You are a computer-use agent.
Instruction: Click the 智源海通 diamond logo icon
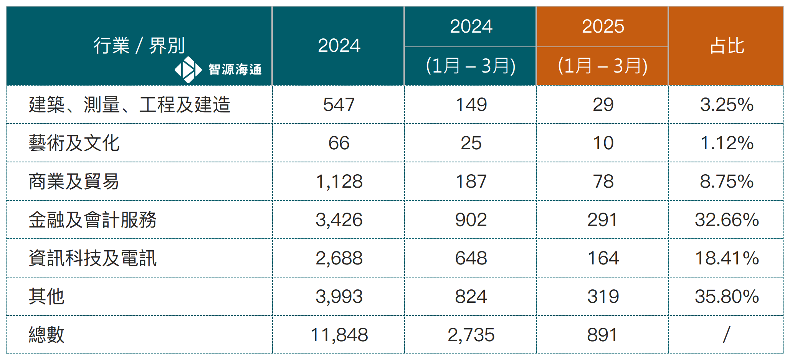pyautogui.click(x=188, y=70)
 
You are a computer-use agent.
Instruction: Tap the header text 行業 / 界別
pyautogui.click(x=139, y=46)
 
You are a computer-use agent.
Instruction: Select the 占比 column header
pyautogui.click(x=726, y=46)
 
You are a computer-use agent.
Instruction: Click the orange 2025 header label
pyautogui.click(x=603, y=26)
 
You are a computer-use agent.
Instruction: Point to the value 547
pyautogui.click(x=339, y=105)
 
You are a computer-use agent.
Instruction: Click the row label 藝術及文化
pyautogui.click(x=74, y=143)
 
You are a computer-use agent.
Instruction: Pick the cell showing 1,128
pyautogui.click(x=339, y=182)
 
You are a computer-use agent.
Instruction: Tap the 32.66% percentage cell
pyautogui.click(x=726, y=220)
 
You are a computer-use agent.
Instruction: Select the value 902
pyautogui.click(x=471, y=220)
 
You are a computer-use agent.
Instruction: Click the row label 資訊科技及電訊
pyautogui.click(x=93, y=258)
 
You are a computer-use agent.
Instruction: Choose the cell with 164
pyautogui.click(x=603, y=258)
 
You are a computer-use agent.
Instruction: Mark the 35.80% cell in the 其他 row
pyautogui.click(x=726, y=297)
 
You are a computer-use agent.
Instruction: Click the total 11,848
pyautogui.click(x=339, y=335)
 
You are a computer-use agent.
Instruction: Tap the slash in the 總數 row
pyautogui.click(x=726, y=335)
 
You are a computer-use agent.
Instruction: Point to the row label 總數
pyautogui.click(x=46, y=335)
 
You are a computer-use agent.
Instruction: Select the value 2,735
pyautogui.click(x=471, y=335)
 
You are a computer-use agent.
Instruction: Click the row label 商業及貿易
pyautogui.click(x=74, y=182)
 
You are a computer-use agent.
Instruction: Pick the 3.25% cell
pyautogui.click(x=726, y=105)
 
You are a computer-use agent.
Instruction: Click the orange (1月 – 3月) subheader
pyautogui.click(x=603, y=66)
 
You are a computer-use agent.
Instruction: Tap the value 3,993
pyautogui.click(x=339, y=297)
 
